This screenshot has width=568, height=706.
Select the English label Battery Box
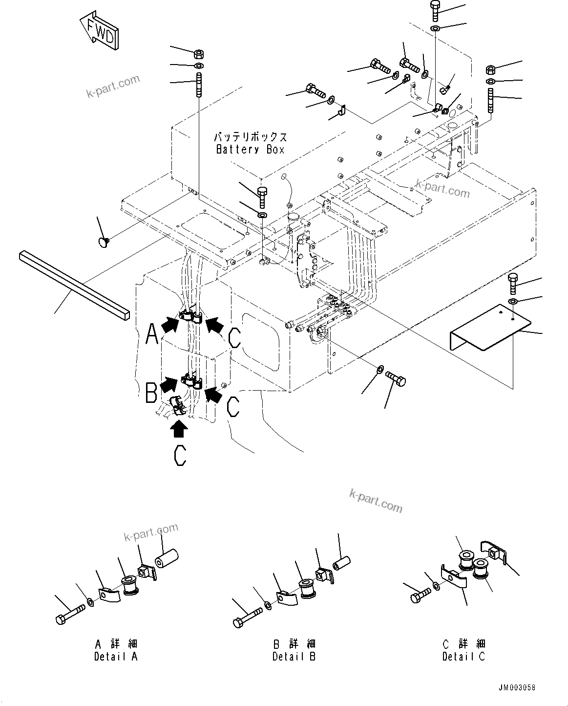point(250,149)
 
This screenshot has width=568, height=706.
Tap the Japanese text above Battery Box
point(250,137)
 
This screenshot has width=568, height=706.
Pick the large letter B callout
point(152,392)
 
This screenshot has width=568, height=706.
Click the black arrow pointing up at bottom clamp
point(179,429)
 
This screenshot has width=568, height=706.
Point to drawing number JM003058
point(517,687)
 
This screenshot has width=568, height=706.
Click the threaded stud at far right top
point(491,100)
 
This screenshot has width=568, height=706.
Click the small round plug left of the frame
point(104,241)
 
